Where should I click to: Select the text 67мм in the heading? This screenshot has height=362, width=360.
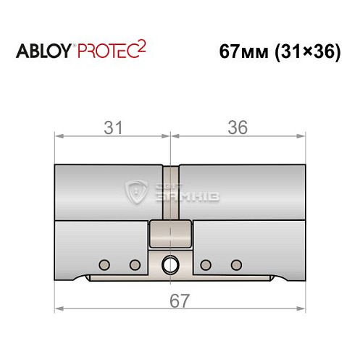point(238,54)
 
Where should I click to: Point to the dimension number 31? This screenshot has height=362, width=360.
point(112,127)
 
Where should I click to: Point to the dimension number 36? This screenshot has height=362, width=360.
point(237,127)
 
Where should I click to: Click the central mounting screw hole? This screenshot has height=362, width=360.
point(171,264)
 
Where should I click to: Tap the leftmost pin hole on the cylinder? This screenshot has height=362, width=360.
point(105,262)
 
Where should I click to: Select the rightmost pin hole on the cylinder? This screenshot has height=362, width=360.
point(235,262)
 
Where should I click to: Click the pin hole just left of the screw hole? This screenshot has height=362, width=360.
point(134,262)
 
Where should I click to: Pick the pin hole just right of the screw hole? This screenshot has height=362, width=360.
point(206,262)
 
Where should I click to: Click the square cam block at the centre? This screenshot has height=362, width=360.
point(171,233)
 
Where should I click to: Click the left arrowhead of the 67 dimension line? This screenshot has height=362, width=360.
point(59,308)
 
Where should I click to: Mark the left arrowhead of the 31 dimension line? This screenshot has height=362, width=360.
point(59,135)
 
